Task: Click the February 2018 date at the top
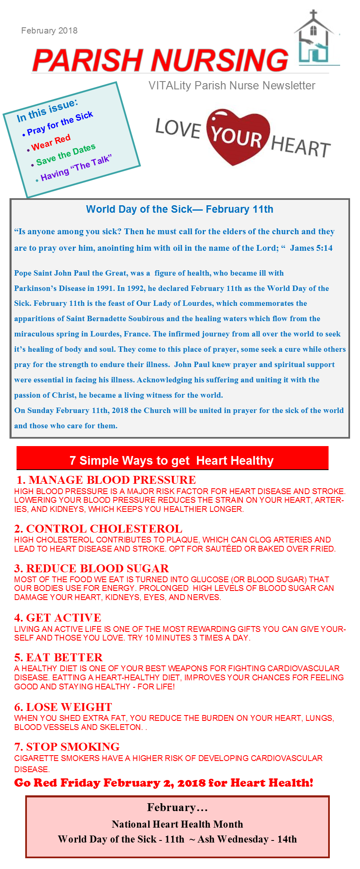click(x=49, y=31)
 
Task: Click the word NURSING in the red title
click(x=219, y=60)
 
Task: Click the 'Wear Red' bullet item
click(x=50, y=142)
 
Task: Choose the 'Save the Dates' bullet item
click(x=65, y=154)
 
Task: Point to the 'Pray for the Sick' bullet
click(x=60, y=123)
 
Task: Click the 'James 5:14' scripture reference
click(x=311, y=248)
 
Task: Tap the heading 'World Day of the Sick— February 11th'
click(x=180, y=209)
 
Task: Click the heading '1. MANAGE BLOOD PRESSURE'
click(x=106, y=480)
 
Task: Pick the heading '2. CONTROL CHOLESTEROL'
click(x=98, y=529)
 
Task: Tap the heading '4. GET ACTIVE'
click(x=58, y=618)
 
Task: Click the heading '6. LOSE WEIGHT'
click(x=63, y=707)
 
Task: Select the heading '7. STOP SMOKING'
click(x=67, y=747)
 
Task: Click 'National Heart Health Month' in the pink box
click(x=177, y=824)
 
